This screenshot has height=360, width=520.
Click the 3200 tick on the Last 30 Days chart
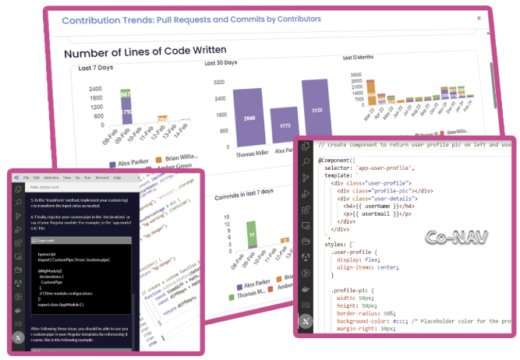[221, 82]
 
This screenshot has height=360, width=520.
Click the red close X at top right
[479, 17]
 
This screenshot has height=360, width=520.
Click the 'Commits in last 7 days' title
[242, 192]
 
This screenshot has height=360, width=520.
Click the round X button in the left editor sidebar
[18, 337]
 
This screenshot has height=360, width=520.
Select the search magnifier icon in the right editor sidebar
[306, 164]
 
